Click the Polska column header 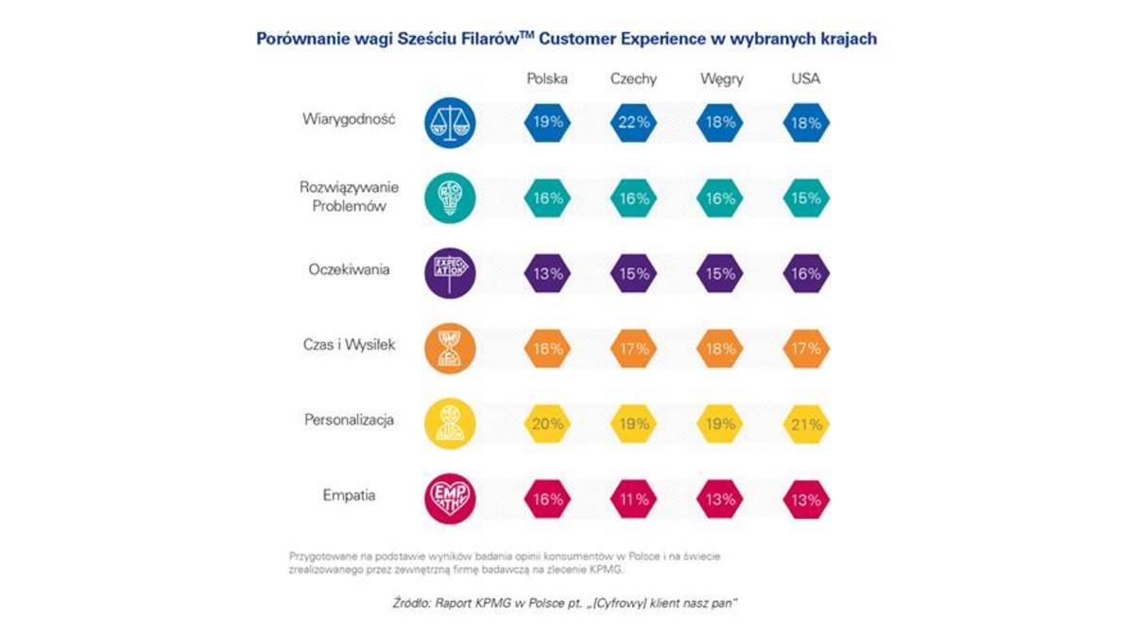click(547, 79)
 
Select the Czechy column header click(633, 79)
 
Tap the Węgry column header click(721, 79)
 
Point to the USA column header click(805, 79)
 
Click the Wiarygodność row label click(347, 121)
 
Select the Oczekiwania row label click(350, 269)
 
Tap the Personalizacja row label click(349, 419)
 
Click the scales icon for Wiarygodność click(450, 122)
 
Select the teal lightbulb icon click(450, 198)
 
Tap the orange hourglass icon click(450, 348)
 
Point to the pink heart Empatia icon click(450, 497)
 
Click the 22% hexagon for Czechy click(634, 123)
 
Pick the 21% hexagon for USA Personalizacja click(806, 423)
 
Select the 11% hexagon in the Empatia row click(634, 498)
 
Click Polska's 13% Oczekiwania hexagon click(547, 273)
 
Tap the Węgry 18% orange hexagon click(721, 349)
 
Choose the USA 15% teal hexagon click(806, 198)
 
